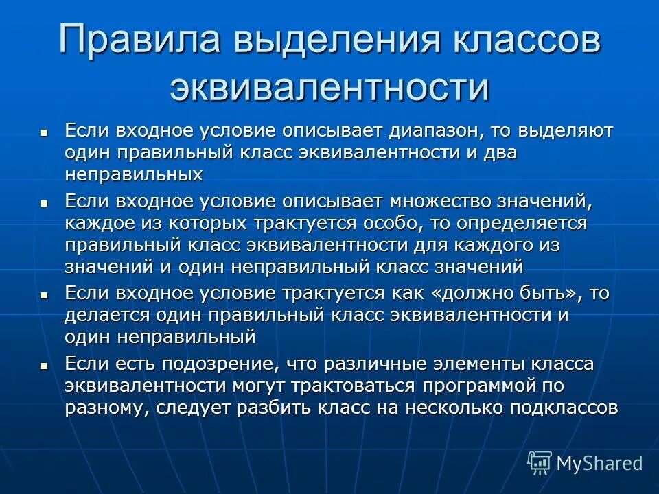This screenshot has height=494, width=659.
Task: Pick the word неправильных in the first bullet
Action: [134, 174]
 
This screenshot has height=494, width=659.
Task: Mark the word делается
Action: [103, 315]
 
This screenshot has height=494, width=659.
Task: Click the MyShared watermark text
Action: [599, 463]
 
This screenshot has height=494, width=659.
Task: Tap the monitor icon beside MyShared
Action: [540, 463]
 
